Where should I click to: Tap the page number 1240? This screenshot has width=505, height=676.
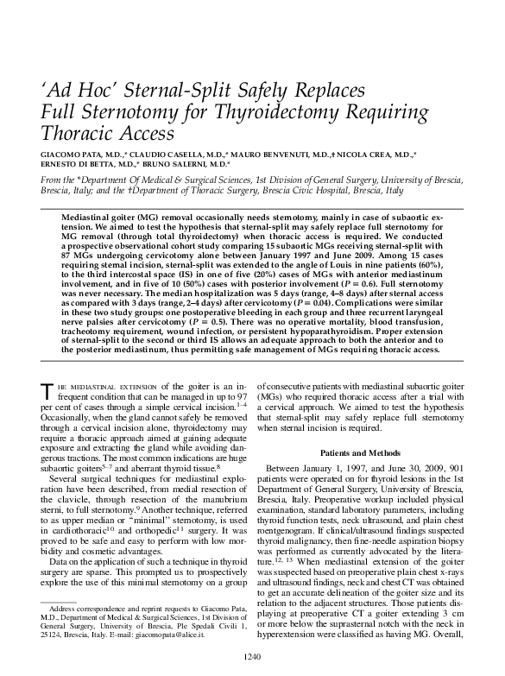[252, 657]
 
